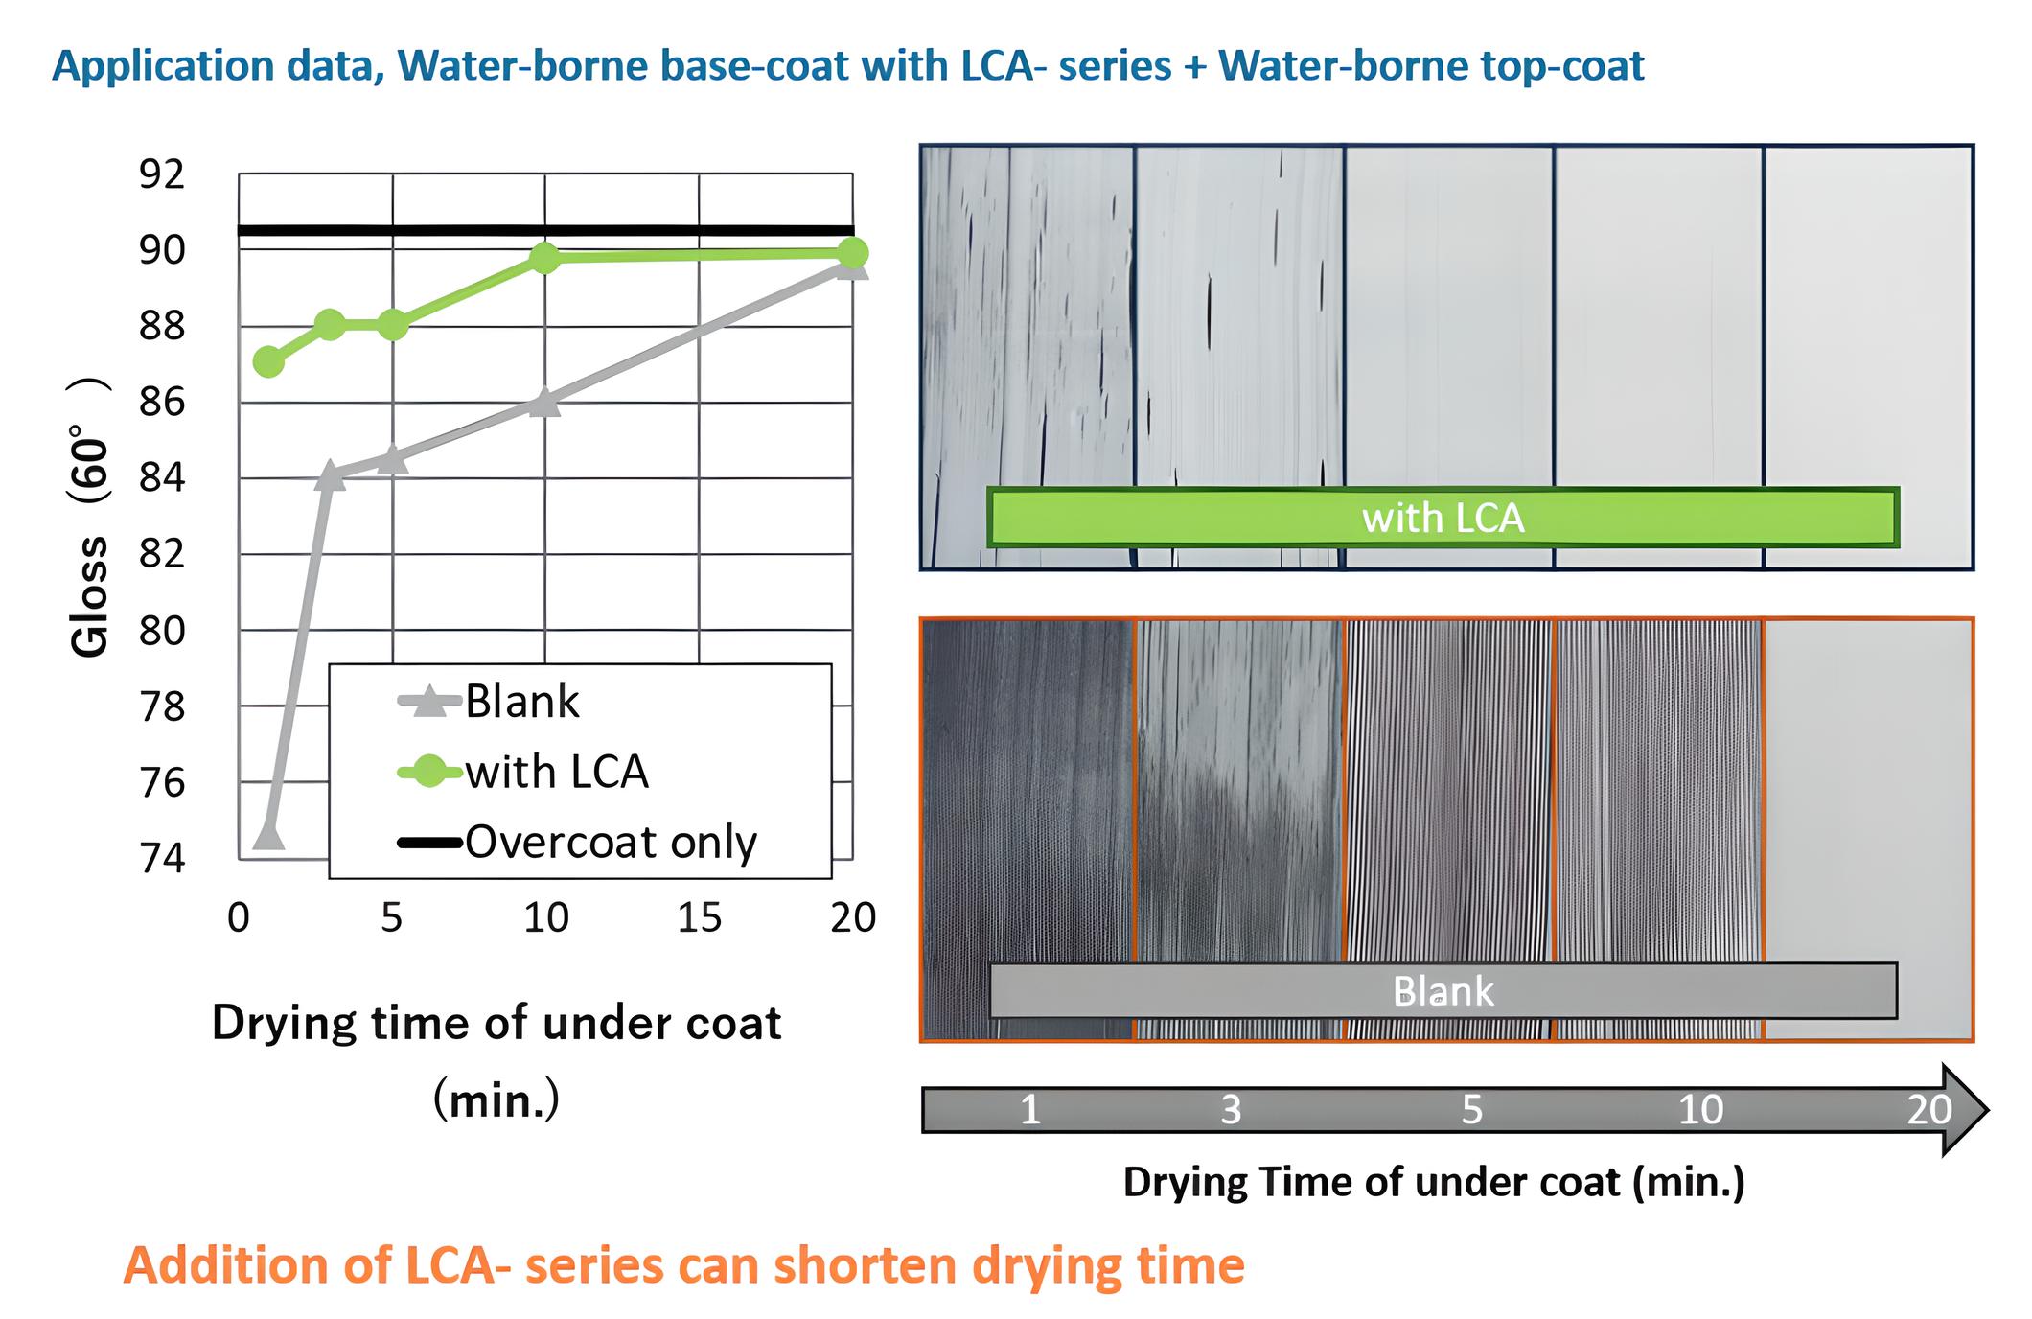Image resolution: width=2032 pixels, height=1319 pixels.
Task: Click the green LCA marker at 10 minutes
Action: (x=544, y=257)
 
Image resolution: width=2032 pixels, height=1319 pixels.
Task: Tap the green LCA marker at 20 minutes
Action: (x=852, y=253)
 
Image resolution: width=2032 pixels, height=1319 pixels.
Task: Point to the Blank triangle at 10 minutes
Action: (x=544, y=403)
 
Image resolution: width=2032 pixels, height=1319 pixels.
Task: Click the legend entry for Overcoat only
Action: (x=577, y=843)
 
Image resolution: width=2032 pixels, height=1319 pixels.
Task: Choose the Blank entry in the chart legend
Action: (x=489, y=702)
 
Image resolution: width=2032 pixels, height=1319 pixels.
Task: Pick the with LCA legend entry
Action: (x=523, y=772)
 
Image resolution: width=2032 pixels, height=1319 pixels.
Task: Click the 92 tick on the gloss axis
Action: (x=162, y=174)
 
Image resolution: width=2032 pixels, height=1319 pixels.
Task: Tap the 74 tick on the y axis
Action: (x=162, y=858)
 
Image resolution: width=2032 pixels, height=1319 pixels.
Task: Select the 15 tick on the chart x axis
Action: (x=699, y=918)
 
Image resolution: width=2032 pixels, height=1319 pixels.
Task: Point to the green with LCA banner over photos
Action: (x=1443, y=518)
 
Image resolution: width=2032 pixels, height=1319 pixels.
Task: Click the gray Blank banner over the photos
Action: (x=1443, y=990)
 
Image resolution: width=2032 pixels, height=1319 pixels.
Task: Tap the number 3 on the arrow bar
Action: (x=1232, y=1110)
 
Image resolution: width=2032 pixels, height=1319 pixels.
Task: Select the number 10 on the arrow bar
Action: (x=1700, y=1110)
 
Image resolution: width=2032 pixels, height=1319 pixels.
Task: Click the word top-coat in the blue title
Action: (x=1562, y=66)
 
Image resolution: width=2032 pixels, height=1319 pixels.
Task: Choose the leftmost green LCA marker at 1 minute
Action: (x=268, y=361)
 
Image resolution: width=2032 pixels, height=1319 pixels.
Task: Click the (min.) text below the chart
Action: (x=496, y=1100)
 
